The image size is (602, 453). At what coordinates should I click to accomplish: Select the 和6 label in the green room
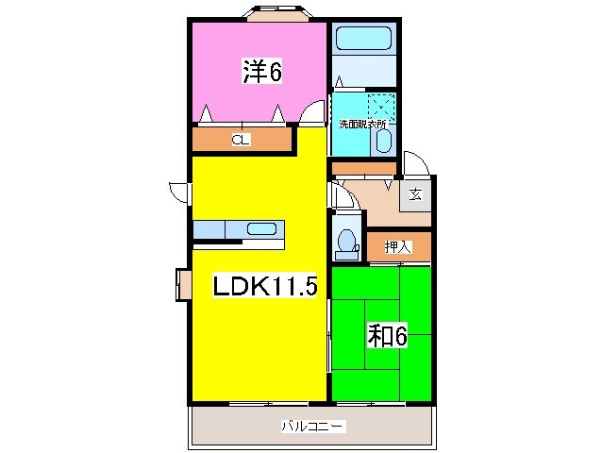point(387,334)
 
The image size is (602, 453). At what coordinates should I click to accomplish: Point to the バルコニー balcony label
point(312,427)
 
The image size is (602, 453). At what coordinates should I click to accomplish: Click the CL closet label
point(242,141)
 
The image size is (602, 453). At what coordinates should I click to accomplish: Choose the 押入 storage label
point(398,247)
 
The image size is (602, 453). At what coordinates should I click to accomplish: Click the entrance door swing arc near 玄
point(416,164)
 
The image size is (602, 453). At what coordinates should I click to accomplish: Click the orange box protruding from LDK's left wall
point(182,285)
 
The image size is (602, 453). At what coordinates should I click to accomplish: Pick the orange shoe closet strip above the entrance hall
point(362,168)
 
